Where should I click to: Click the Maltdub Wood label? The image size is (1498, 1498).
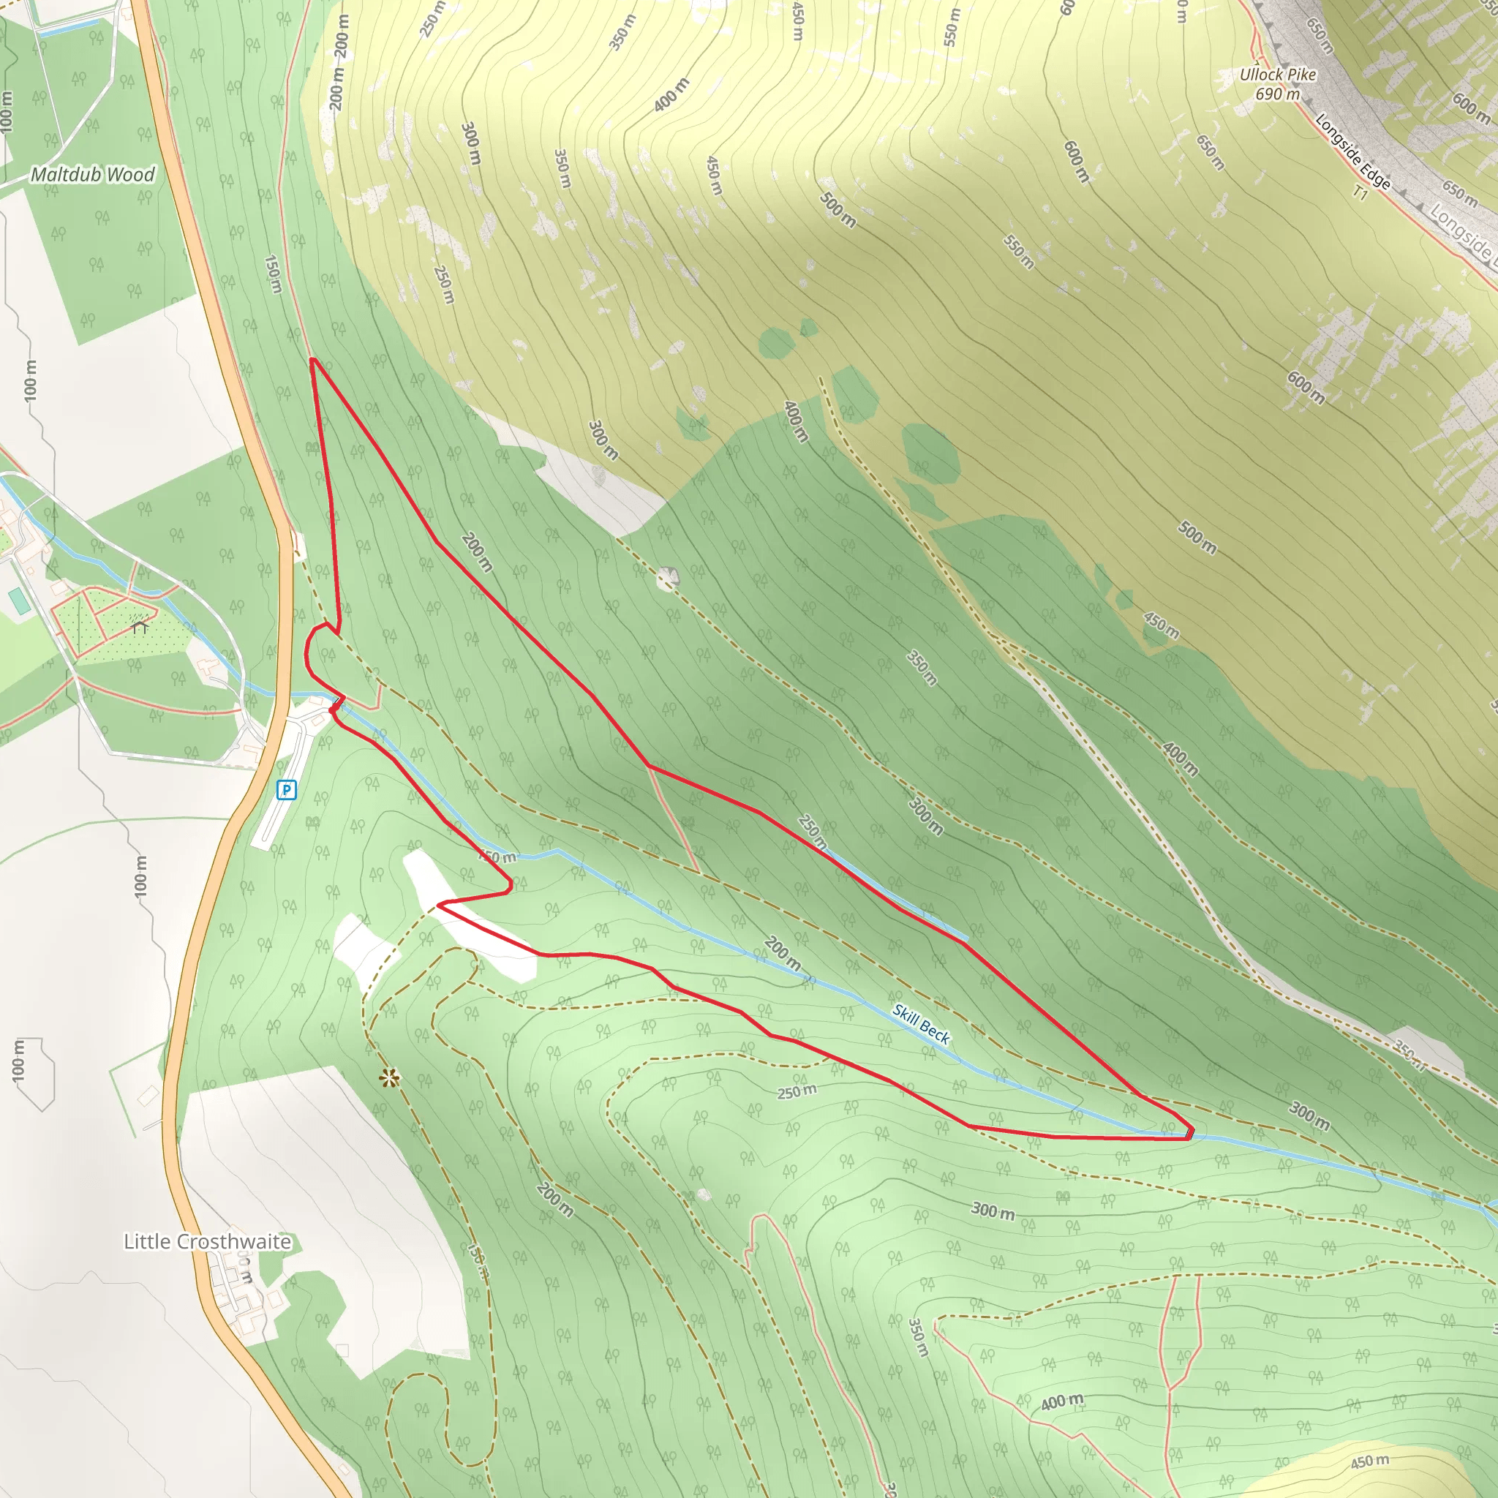click(x=92, y=175)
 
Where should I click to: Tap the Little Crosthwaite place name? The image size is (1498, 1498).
click(x=207, y=1241)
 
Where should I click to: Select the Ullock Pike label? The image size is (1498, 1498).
click(x=1278, y=75)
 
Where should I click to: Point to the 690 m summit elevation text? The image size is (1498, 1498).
click(x=1278, y=94)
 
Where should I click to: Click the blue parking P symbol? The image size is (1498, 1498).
click(x=286, y=790)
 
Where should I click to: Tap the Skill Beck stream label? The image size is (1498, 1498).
click(x=920, y=1023)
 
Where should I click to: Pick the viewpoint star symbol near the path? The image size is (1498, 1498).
click(x=389, y=1077)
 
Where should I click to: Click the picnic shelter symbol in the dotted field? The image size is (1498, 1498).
click(x=140, y=625)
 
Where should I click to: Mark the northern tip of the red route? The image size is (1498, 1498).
click(x=312, y=360)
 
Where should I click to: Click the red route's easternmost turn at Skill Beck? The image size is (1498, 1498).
click(x=1190, y=1135)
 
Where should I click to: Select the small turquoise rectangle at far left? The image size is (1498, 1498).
click(x=17, y=601)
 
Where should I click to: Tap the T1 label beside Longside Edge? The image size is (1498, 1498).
click(x=1360, y=191)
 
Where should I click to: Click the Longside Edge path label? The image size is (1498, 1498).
click(x=1353, y=152)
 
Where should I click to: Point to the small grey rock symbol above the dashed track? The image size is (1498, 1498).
click(x=667, y=579)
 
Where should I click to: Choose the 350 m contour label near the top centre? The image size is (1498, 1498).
click(x=622, y=33)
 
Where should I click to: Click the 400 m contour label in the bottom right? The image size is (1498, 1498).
click(x=1061, y=1401)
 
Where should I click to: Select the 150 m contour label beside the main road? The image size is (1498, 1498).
click(x=273, y=274)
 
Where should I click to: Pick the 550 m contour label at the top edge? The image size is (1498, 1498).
click(x=952, y=27)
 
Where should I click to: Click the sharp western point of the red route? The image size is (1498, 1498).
click(x=439, y=904)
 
